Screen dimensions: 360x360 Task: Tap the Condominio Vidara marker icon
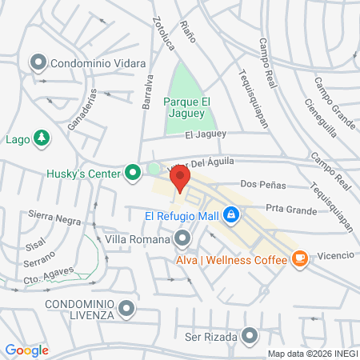coord(38,62)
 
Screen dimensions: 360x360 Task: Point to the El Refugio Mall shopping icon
coord(230,214)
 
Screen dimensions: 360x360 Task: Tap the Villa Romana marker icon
coord(183,238)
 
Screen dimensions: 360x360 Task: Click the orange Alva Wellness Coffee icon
coord(299,258)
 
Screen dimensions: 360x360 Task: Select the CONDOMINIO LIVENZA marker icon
coord(126,308)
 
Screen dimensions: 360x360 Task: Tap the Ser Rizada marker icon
coord(251,336)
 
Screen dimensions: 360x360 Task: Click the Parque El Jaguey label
coord(190,108)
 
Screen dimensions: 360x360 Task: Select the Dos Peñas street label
coord(262,185)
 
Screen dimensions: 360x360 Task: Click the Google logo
coord(26,350)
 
